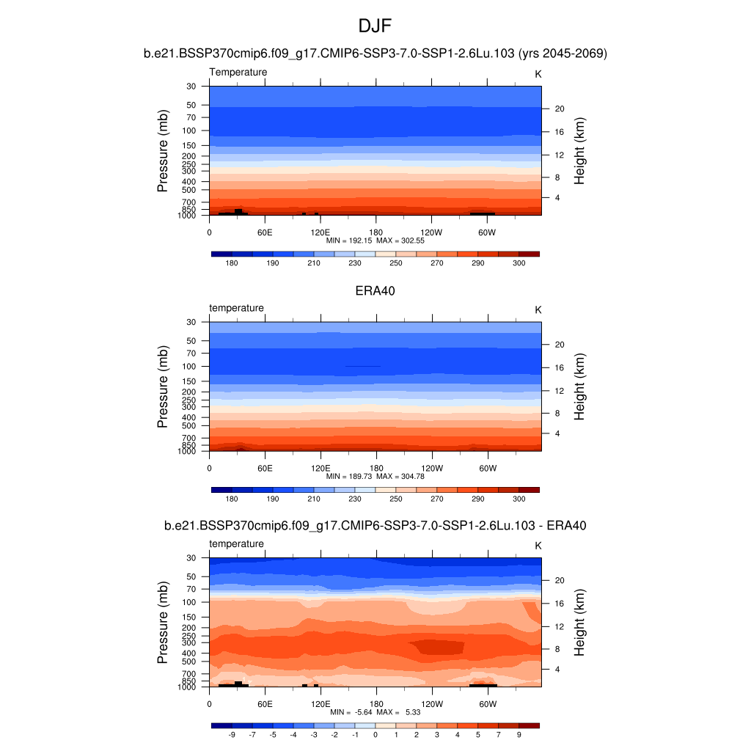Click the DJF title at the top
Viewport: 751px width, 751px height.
click(x=375, y=26)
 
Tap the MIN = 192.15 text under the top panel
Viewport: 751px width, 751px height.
click(x=354, y=240)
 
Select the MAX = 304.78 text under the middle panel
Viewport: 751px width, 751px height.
click(x=400, y=476)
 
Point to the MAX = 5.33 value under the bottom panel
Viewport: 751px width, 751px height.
click(x=400, y=712)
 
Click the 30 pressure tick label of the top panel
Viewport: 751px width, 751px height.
click(x=191, y=87)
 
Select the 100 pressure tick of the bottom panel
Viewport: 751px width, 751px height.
click(x=189, y=602)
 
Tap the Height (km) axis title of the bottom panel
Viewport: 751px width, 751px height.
click(x=579, y=623)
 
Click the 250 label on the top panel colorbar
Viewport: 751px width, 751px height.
click(x=396, y=263)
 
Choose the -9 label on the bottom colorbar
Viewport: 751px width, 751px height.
click(x=232, y=734)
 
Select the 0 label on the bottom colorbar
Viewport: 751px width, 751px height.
click(x=375, y=734)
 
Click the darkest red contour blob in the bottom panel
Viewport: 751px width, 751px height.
click(x=437, y=647)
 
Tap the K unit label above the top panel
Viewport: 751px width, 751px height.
click(x=538, y=74)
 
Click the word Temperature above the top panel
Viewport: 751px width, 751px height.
click(x=238, y=72)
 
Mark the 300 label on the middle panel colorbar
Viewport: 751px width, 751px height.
click(x=519, y=499)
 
